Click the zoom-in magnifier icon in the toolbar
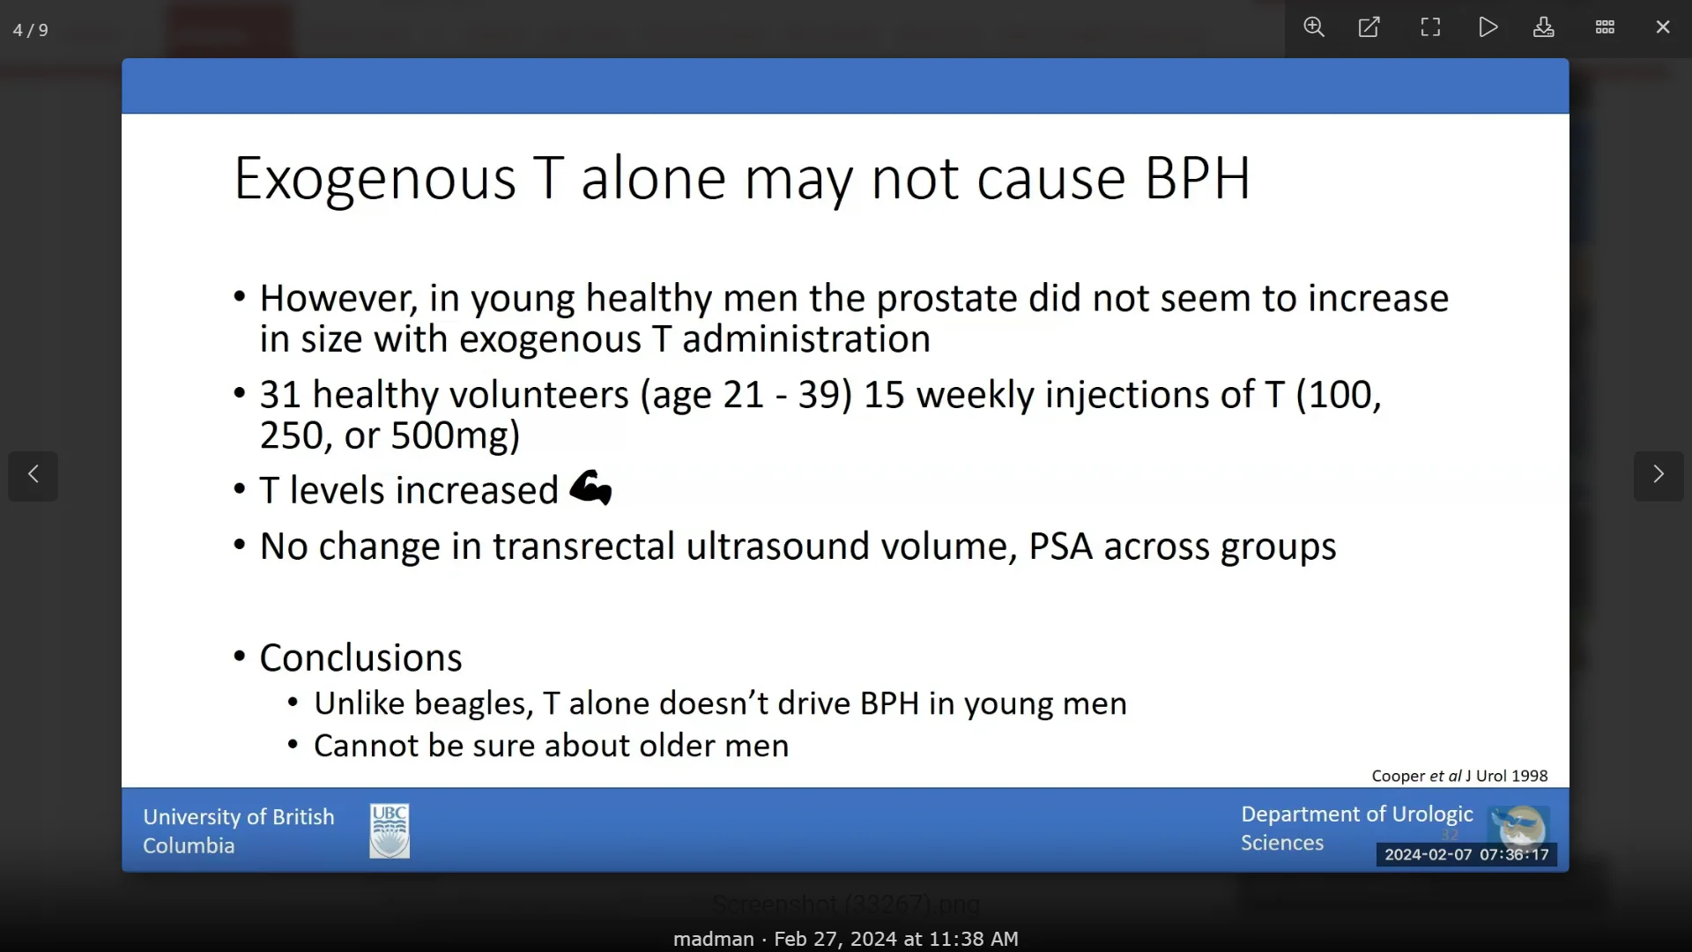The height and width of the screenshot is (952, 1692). click(x=1314, y=27)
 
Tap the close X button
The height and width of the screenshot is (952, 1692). click(x=1663, y=27)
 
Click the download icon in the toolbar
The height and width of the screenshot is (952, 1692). click(x=1544, y=27)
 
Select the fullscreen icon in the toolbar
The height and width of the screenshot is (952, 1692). click(x=1430, y=27)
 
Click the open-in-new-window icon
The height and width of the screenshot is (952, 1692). click(x=1369, y=27)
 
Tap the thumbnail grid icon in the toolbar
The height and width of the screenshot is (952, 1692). click(x=1605, y=27)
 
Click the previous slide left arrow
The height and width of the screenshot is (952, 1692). click(x=33, y=475)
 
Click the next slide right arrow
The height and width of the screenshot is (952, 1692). click(x=1659, y=475)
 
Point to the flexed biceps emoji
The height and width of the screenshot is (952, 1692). click(x=590, y=487)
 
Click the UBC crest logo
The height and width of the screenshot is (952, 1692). click(x=390, y=830)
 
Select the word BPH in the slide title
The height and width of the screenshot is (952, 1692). click(x=1198, y=179)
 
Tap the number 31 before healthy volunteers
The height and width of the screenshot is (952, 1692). click(x=280, y=395)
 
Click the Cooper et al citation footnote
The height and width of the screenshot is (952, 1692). click(x=1459, y=776)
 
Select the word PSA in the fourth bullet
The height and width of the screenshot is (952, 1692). click(x=1060, y=547)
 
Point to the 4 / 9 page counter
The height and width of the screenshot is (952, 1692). click(x=31, y=30)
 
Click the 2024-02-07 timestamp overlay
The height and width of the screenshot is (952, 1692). click(x=1466, y=854)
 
